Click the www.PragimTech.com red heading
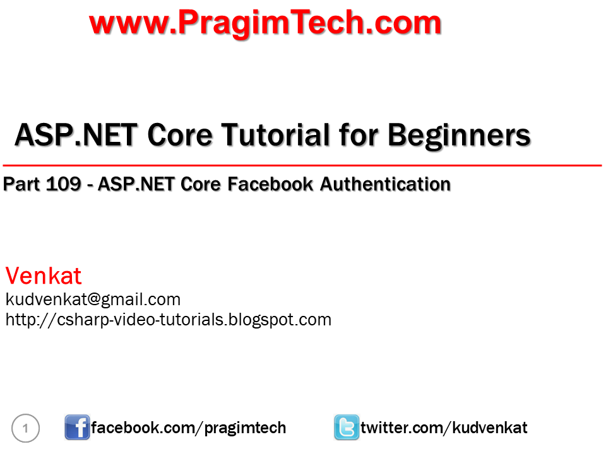click(265, 23)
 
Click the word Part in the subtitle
click(22, 184)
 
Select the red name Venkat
click(44, 276)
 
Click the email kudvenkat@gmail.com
click(93, 299)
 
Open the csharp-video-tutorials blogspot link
click(168, 319)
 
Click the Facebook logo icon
click(77, 428)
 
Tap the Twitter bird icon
click(346, 428)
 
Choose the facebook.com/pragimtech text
click(188, 428)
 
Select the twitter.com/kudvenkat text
click(444, 428)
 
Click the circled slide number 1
click(26, 429)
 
